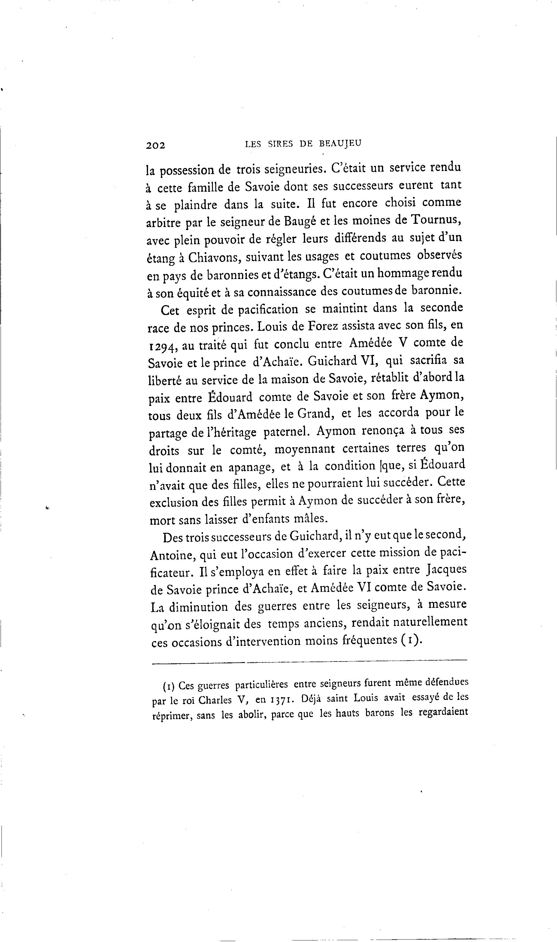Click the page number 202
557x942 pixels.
(156, 145)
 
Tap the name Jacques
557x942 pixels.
(447, 570)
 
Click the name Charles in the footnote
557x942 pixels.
(215, 700)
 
